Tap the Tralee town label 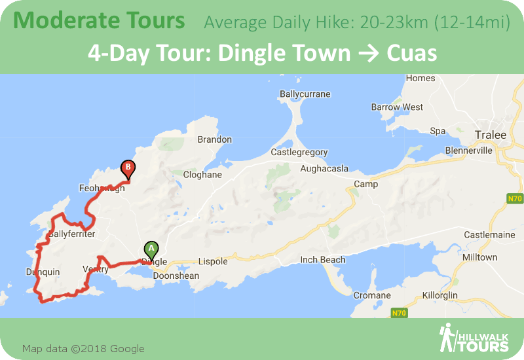pyautogui.click(x=490, y=135)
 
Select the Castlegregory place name pyautogui.click(x=299, y=153)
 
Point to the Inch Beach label pyautogui.click(x=322, y=260)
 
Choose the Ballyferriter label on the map pyautogui.click(x=71, y=234)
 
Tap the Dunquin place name pyautogui.click(x=43, y=272)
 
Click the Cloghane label pyautogui.click(x=202, y=175)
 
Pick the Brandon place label pyautogui.click(x=214, y=139)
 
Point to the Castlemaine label pyautogui.click(x=486, y=234)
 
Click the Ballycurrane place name pyautogui.click(x=305, y=94)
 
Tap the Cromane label pyautogui.click(x=371, y=295)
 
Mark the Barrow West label pyautogui.click(x=397, y=107)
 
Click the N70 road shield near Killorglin pyautogui.click(x=399, y=314)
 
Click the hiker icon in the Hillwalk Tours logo pyautogui.click(x=448, y=338)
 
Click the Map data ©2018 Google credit pyautogui.click(x=83, y=349)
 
